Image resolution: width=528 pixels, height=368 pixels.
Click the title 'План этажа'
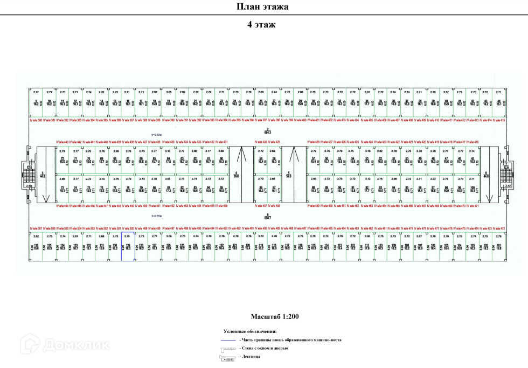(x=262, y=7)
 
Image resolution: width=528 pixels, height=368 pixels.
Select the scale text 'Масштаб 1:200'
(x=274, y=316)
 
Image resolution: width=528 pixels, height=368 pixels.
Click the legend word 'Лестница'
(x=249, y=357)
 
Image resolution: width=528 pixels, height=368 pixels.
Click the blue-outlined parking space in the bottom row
(x=128, y=247)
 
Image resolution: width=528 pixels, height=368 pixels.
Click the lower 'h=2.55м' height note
(x=157, y=215)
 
